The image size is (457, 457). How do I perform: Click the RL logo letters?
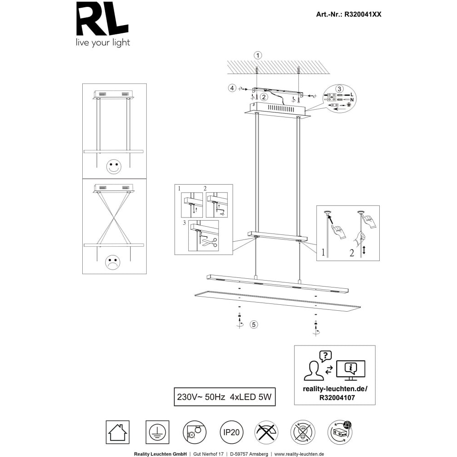[102, 19]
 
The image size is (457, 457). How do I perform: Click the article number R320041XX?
[363, 14]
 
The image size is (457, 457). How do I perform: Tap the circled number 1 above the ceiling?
[258, 55]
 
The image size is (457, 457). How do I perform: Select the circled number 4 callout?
[232, 88]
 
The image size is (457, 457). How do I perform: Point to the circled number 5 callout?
[254, 324]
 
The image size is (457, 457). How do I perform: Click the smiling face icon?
[114, 167]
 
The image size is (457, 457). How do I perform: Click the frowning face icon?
[112, 262]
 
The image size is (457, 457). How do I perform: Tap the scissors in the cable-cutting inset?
[210, 242]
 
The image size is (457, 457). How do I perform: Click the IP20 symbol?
[231, 432]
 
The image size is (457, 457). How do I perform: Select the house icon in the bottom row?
[118, 432]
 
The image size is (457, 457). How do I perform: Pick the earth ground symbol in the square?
[157, 432]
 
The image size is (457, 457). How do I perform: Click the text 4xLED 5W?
[250, 397]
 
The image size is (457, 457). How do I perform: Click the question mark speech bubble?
[325, 356]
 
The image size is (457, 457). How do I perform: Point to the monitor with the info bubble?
[351, 370]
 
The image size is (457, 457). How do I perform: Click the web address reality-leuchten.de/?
[335, 389]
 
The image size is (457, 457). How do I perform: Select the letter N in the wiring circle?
[352, 100]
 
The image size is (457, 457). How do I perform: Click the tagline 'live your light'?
[103, 43]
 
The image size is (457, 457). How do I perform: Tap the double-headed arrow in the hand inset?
[364, 250]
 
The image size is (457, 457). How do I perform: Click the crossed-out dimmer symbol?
[266, 432]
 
